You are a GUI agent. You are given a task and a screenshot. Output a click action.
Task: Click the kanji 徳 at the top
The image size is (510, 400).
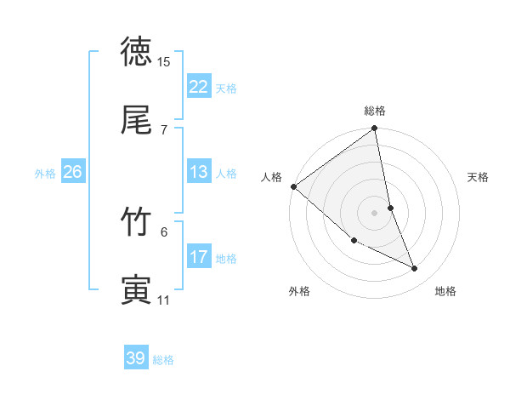[x=137, y=53]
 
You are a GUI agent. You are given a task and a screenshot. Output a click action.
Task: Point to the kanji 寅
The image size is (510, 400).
[x=137, y=290]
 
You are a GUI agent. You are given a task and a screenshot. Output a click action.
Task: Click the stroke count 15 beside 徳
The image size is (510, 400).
[x=164, y=62]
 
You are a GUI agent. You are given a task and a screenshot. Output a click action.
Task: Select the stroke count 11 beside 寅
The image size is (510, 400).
[x=164, y=300]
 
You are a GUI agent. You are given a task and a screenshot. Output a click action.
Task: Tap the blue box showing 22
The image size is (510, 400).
[x=199, y=87]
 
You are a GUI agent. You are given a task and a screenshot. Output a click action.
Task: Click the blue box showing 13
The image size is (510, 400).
[x=199, y=172]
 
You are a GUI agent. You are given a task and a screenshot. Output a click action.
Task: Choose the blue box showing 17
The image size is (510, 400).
[x=199, y=257]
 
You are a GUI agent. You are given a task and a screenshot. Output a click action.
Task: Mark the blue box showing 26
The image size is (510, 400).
[x=72, y=172]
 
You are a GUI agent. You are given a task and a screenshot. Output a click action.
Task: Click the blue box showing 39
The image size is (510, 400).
[x=136, y=358]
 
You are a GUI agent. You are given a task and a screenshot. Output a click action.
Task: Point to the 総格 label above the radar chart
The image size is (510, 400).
[x=375, y=111]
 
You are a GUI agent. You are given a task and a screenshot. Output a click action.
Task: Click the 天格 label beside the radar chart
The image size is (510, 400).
[x=479, y=177]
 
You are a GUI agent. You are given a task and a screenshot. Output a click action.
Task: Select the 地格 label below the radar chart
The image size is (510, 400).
[x=445, y=291]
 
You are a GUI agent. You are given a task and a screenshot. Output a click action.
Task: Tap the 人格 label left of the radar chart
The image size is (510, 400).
[x=272, y=177]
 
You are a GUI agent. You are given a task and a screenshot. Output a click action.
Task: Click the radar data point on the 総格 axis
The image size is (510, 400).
[x=374, y=129]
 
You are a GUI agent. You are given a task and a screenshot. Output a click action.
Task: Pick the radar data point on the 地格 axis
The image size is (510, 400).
[x=415, y=269]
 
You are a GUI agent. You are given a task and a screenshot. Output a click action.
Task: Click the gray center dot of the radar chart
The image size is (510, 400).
[x=375, y=212]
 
